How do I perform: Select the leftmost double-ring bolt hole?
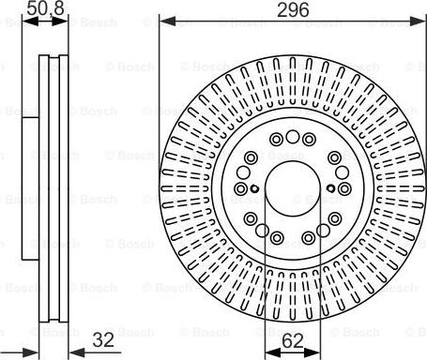tap(240, 189)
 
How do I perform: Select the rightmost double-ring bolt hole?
tap(345, 189)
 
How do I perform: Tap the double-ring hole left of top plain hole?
tap(275, 140)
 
